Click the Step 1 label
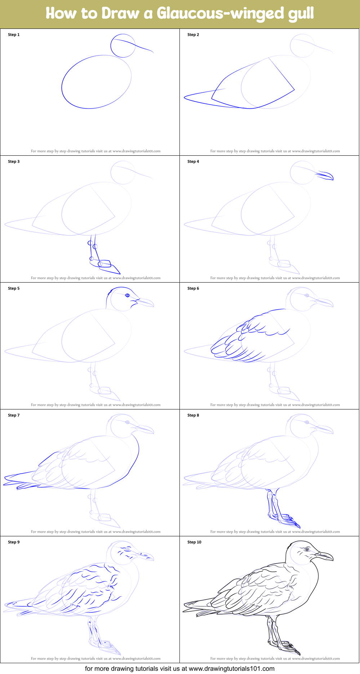tap(14, 35)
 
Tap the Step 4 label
tap(193, 161)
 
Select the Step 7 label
tap(14, 415)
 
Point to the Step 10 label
tap(194, 542)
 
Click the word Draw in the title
tap(120, 14)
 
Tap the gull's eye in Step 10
tap(307, 549)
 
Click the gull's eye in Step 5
tap(127, 296)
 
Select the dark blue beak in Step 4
tap(325, 176)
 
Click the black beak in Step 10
tap(325, 556)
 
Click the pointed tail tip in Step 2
tap(185, 97)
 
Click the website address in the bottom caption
tap(231, 669)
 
